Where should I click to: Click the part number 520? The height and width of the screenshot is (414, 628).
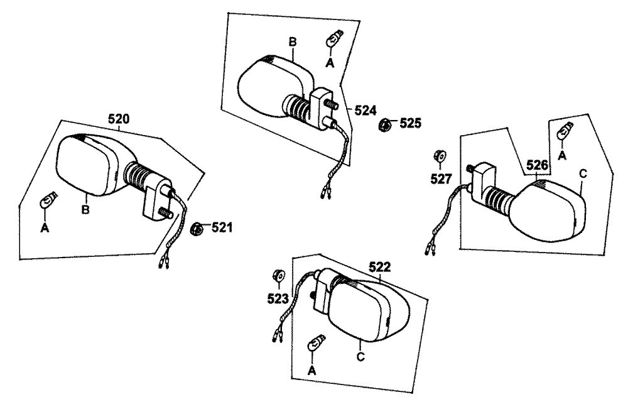(120, 117)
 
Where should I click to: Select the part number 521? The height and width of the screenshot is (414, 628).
(221, 227)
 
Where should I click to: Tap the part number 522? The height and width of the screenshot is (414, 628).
(379, 267)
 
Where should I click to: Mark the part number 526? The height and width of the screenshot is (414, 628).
(538, 165)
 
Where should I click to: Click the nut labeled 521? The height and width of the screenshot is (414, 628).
(196, 229)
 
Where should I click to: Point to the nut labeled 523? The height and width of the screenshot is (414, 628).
(276, 275)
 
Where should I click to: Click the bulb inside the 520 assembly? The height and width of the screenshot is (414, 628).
(46, 202)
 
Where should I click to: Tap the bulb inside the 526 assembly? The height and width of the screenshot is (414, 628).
(564, 133)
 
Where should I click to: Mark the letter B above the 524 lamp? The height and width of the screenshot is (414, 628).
(292, 41)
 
